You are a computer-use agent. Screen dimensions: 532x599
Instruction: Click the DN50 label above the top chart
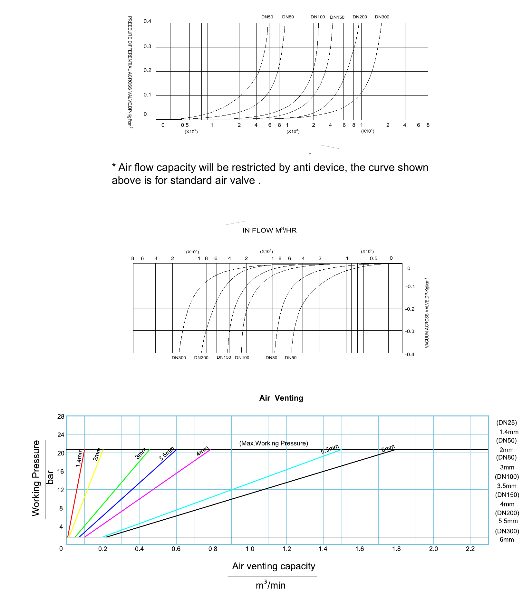267,17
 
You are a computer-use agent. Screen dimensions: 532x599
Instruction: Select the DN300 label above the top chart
382,17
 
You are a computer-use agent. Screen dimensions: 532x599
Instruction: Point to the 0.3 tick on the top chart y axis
147,46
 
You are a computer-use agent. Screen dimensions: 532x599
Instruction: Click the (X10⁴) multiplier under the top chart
368,131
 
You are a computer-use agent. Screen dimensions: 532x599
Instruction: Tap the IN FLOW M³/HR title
269,230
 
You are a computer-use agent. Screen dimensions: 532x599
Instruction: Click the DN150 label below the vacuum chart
224,357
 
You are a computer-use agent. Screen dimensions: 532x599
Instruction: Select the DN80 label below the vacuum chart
271,358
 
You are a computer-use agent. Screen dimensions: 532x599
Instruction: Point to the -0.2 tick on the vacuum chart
410,309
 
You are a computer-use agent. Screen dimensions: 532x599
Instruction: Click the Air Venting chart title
281,398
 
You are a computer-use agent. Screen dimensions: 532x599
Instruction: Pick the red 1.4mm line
76,493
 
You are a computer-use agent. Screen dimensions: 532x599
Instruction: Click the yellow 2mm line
86,493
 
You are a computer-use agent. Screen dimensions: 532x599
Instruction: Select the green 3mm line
112,493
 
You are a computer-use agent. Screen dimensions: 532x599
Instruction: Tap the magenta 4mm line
147,493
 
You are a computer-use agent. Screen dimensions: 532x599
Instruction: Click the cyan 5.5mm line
222,493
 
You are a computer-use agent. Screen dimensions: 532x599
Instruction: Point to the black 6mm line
250,493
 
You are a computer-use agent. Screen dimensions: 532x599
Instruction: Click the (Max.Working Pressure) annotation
274,443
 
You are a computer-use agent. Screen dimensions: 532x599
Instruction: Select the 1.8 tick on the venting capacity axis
396,549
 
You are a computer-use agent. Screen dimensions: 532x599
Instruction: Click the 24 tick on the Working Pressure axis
61,435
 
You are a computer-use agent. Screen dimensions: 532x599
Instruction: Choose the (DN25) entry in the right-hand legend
507,423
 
